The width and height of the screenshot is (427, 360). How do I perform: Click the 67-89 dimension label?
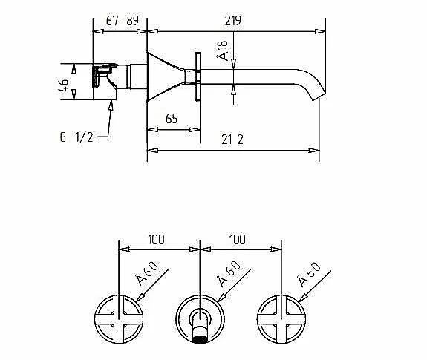click(x=123, y=20)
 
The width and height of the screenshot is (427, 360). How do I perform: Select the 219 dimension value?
click(x=233, y=21)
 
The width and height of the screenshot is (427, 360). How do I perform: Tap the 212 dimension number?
click(x=232, y=140)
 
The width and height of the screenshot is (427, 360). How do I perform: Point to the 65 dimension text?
click(x=172, y=119)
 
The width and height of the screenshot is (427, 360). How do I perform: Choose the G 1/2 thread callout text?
click(x=76, y=137)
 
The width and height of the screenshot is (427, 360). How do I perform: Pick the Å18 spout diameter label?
click(x=222, y=51)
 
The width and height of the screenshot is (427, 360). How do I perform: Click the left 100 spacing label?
click(x=156, y=240)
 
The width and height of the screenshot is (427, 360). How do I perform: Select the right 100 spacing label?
click(x=238, y=240)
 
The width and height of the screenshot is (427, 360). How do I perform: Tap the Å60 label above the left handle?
click(x=147, y=273)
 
